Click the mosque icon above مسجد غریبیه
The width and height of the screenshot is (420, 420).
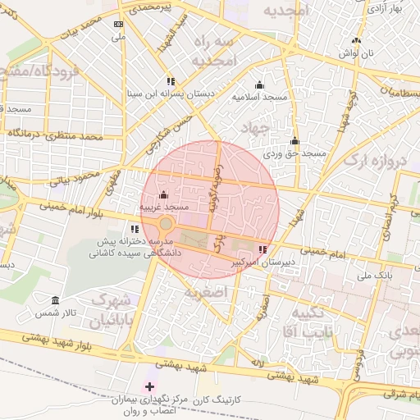pyautogui.click(x=162, y=195)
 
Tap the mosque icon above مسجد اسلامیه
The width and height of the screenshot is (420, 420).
pyautogui.click(x=260, y=84)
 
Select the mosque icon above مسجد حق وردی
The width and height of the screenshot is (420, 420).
pyautogui.click(x=294, y=141)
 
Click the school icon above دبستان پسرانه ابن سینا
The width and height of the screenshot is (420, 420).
pyautogui.click(x=170, y=81)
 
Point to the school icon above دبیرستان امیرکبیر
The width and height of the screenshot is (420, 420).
pyautogui.click(x=262, y=249)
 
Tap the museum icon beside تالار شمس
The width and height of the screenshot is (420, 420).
pyautogui.click(x=55, y=300)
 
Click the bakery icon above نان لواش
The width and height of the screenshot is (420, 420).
pyautogui.click(x=355, y=41)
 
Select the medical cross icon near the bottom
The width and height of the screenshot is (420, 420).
pyautogui.click(x=148, y=386)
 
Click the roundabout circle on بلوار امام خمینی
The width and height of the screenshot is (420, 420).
pyautogui.click(x=166, y=223)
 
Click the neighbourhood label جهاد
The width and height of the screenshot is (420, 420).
pyautogui.click(x=256, y=127)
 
